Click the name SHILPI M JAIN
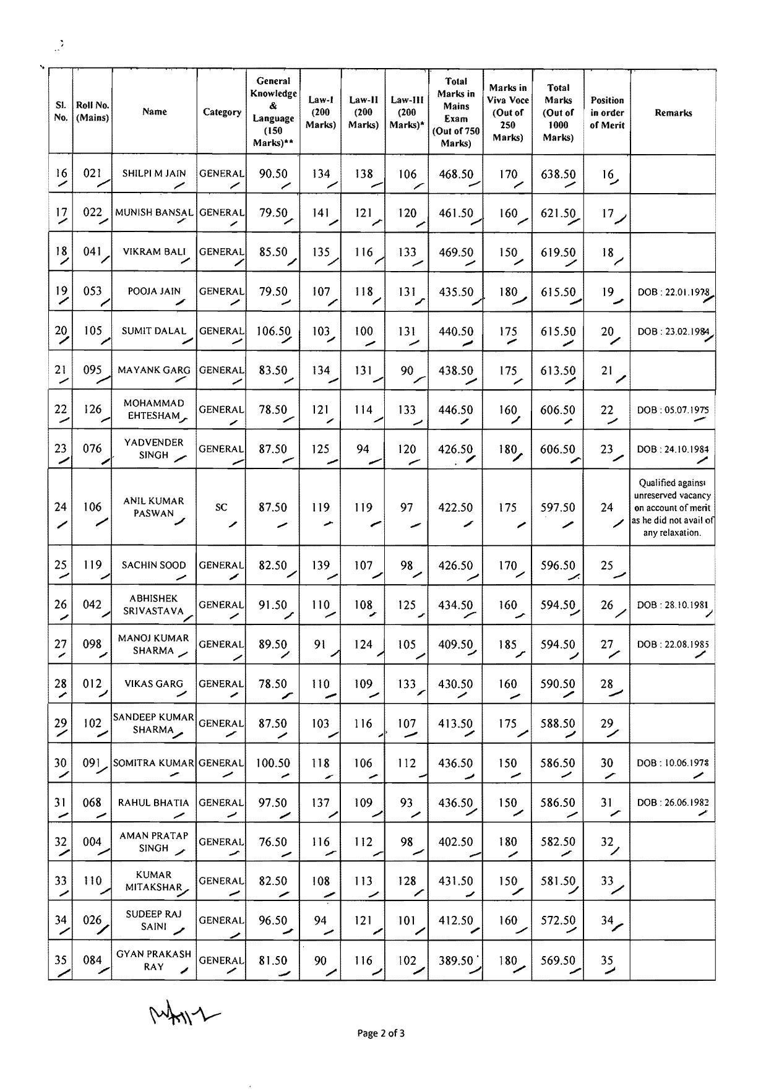pyautogui.click(x=154, y=173)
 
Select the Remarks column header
pyautogui.click(x=673, y=113)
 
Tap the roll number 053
pyautogui.click(x=92, y=291)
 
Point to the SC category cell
pyautogui.click(x=221, y=507)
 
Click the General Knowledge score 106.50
pyautogui.click(x=273, y=331)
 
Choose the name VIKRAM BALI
pyautogui.click(x=154, y=252)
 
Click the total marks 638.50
pyautogui.click(x=557, y=174)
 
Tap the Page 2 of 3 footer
pyautogui.click(x=381, y=1033)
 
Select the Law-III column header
pyautogui.click(x=407, y=112)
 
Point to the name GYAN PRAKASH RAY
pyautogui.click(x=154, y=960)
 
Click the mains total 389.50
pyautogui.click(x=455, y=960)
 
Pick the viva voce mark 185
pyautogui.click(x=507, y=644)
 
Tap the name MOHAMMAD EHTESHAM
pyautogui.click(x=154, y=410)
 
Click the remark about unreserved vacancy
pyautogui.click(x=673, y=507)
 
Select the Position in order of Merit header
pyautogui.click(x=607, y=113)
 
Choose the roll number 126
pyautogui.click(x=92, y=409)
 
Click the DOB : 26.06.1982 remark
pyautogui.click(x=673, y=803)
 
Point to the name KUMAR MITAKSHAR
pyautogui.click(x=154, y=881)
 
